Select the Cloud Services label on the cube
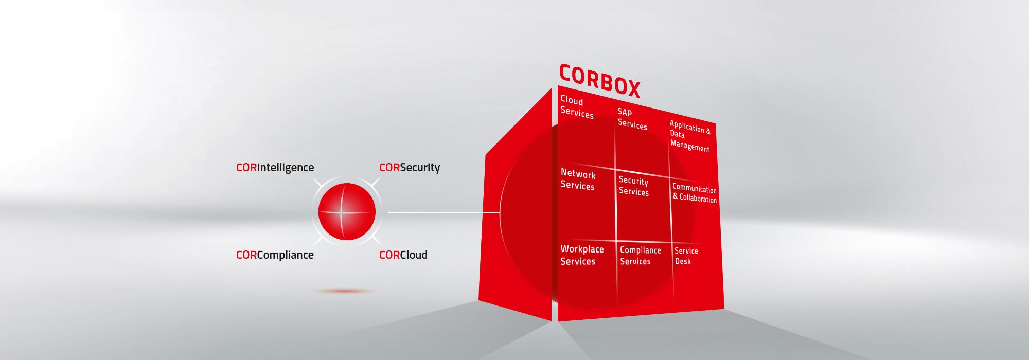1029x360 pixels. click(577, 107)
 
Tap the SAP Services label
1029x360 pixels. click(632, 119)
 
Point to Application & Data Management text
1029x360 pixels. click(690, 136)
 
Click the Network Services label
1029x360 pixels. click(578, 180)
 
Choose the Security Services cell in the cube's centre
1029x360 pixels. click(634, 186)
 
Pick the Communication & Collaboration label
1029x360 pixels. click(695, 193)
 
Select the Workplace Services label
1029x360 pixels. click(582, 255)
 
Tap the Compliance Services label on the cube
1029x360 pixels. click(640, 256)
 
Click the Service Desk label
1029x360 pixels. click(686, 256)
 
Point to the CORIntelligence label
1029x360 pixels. click(275, 168)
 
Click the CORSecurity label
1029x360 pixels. click(410, 168)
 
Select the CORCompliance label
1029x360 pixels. click(275, 255)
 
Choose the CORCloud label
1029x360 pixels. click(403, 255)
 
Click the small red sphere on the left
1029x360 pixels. click(347, 211)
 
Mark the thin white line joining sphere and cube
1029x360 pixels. click(444, 212)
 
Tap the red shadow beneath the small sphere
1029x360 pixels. click(343, 291)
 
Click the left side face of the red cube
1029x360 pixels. click(515, 206)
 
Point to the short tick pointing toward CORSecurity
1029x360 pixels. click(376, 183)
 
